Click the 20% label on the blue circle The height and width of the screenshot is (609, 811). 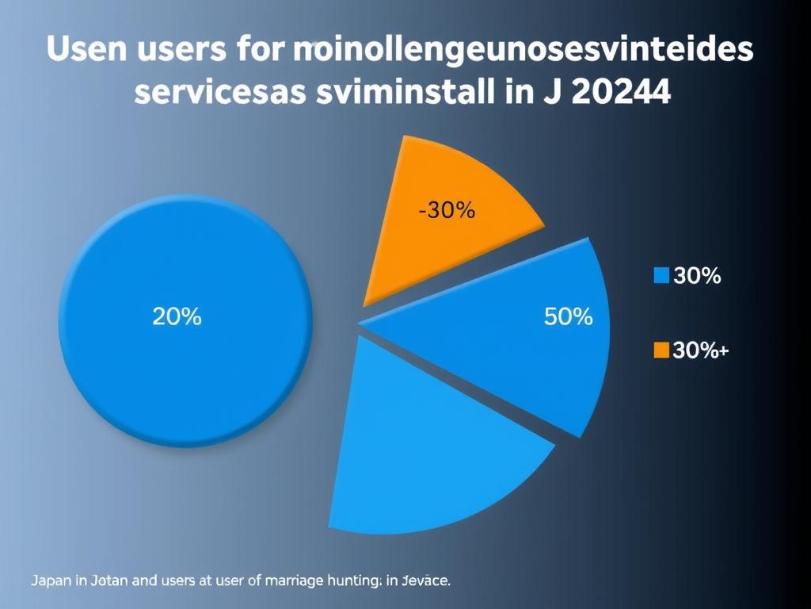point(177,317)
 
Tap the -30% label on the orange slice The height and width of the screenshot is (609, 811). point(446,211)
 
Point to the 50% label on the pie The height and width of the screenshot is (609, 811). point(569,317)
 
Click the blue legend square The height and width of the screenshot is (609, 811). point(661,276)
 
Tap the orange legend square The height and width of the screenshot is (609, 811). point(661,350)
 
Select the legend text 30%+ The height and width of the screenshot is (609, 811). point(699,350)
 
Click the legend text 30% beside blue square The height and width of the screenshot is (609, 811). point(696,276)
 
